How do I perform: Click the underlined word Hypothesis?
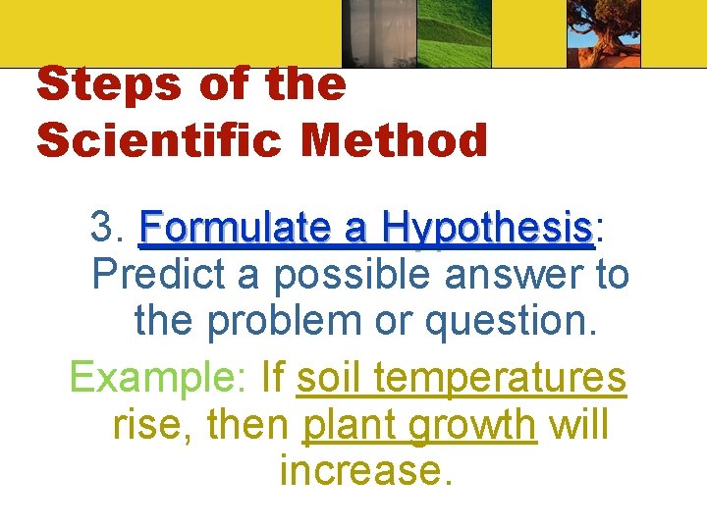[x=489, y=229]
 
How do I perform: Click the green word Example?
[x=159, y=376]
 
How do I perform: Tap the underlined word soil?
[x=330, y=375]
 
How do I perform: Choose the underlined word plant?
[x=351, y=426]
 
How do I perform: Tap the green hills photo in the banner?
[x=455, y=33]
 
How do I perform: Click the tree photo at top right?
[x=603, y=33]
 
